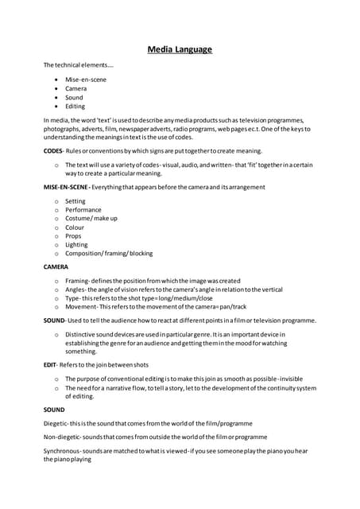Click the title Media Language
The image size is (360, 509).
point(180,50)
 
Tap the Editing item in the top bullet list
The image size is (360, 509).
point(75,106)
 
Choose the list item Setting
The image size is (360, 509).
point(75,201)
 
